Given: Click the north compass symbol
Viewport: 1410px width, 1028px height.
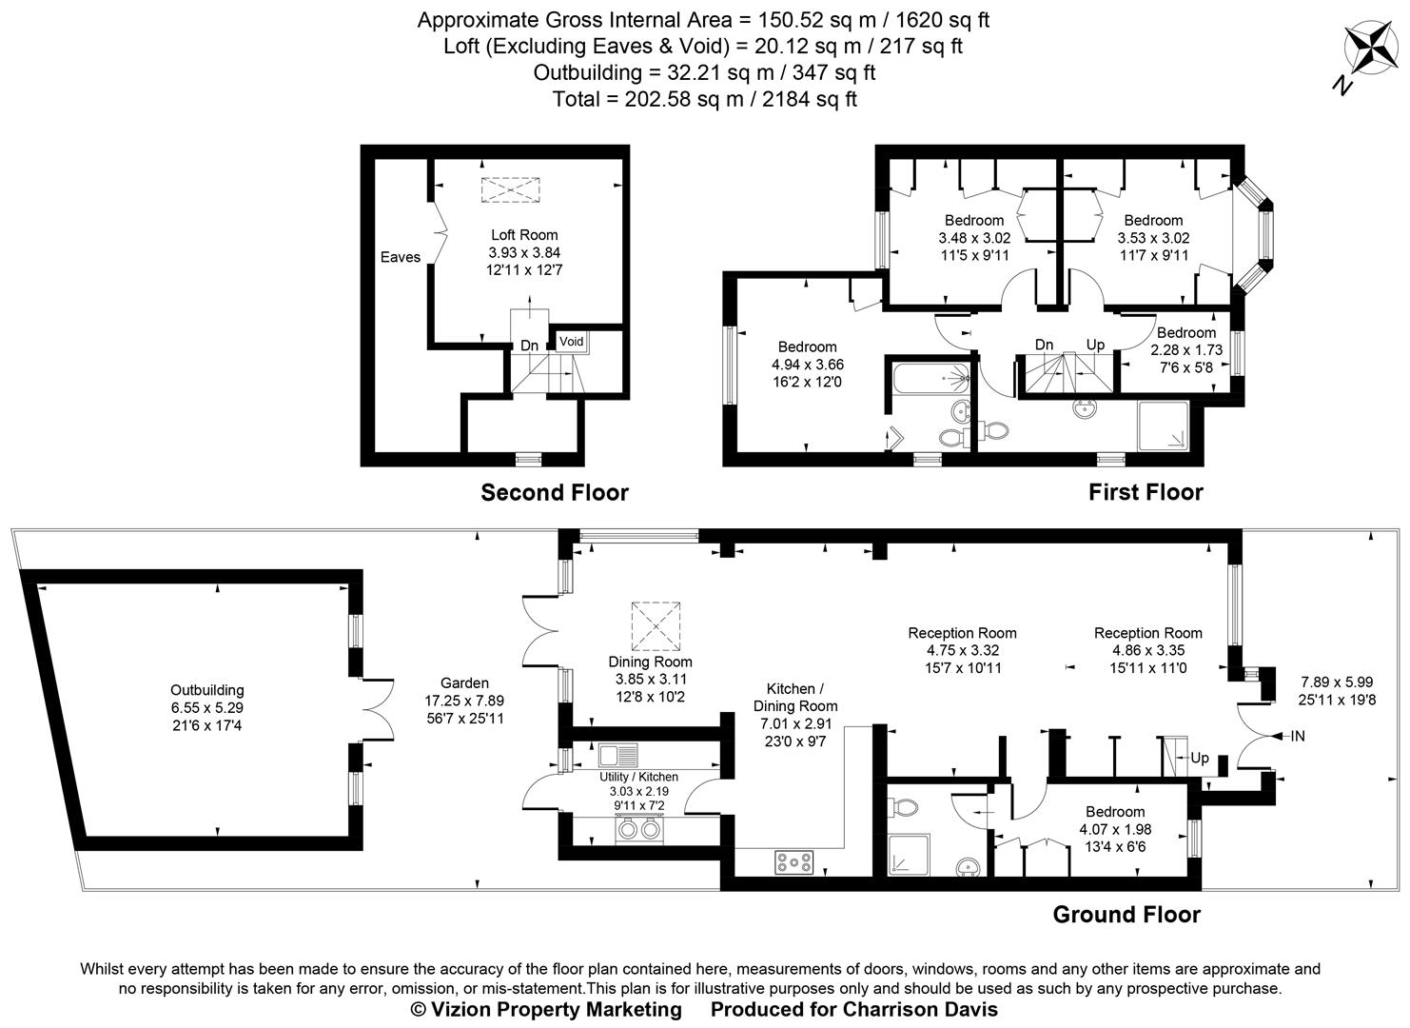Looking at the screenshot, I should [x=1366, y=50].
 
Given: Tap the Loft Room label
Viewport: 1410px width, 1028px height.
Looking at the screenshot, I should [x=524, y=235].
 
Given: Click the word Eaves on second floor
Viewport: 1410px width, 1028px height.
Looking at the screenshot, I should [x=401, y=257].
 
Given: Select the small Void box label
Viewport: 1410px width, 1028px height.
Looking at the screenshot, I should [x=571, y=341].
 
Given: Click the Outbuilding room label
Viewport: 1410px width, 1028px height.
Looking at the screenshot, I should [x=207, y=690].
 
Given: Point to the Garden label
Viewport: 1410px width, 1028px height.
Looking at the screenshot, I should [x=464, y=682].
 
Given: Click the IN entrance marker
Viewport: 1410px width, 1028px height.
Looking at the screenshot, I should [x=1298, y=736].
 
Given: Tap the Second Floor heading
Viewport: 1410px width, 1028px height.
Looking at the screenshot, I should [x=555, y=493].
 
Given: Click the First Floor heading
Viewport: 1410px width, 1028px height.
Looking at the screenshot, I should [x=1146, y=492].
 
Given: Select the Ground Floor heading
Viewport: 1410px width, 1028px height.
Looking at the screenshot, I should [x=1126, y=915].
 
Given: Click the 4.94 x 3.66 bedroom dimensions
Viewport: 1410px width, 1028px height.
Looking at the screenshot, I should [x=808, y=365].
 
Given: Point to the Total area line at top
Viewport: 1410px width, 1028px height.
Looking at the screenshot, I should [x=704, y=99].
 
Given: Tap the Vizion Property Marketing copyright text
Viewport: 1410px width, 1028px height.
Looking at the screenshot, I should [x=546, y=1009].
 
